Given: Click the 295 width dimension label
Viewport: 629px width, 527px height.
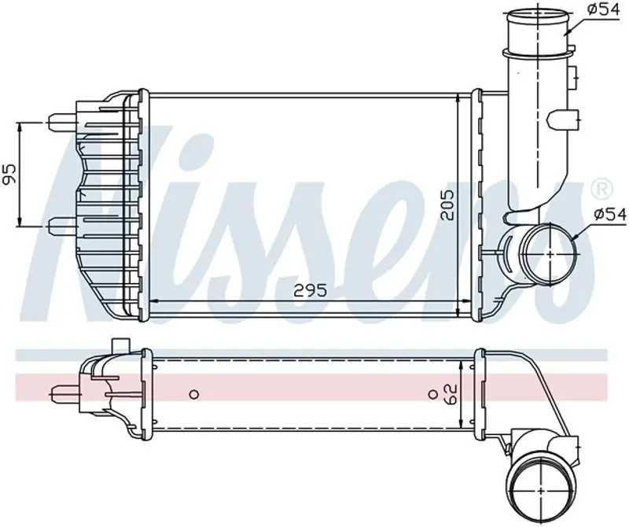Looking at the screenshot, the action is [x=311, y=289].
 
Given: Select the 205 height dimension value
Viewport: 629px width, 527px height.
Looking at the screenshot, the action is [x=447, y=205].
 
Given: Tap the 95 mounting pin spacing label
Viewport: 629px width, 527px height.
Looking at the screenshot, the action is [x=11, y=174].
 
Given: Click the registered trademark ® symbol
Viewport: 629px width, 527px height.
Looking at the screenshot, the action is [x=602, y=188].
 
